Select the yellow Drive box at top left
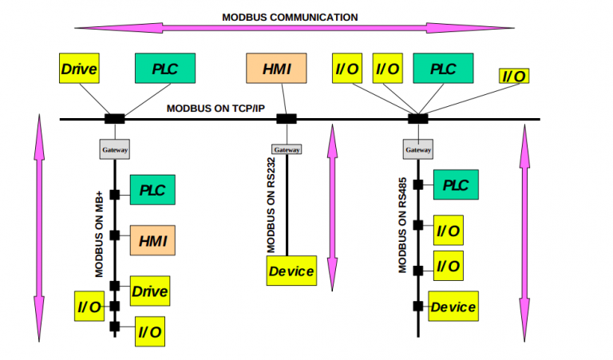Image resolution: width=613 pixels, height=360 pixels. (79, 69)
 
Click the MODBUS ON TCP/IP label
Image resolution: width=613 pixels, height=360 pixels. (216, 108)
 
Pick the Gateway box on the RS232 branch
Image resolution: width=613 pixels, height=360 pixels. (287, 149)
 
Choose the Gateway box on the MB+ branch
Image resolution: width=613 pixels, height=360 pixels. (114, 149)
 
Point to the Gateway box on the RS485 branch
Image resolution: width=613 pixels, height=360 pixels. (418, 149)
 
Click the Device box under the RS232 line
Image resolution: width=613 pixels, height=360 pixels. (291, 271)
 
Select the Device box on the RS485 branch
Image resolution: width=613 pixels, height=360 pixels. (453, 307)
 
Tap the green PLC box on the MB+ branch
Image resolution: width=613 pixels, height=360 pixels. (152, 190)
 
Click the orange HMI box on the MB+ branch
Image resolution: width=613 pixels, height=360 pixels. (152, 238)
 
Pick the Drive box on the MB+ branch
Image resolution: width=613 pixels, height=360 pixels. (149, 291)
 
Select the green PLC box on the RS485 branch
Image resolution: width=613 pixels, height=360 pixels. (456, 185)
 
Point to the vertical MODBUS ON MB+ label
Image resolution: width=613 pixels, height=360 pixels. (100, 234)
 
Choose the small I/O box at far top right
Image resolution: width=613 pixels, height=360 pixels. (514, 76)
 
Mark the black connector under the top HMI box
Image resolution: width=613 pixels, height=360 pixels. (287, 119)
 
